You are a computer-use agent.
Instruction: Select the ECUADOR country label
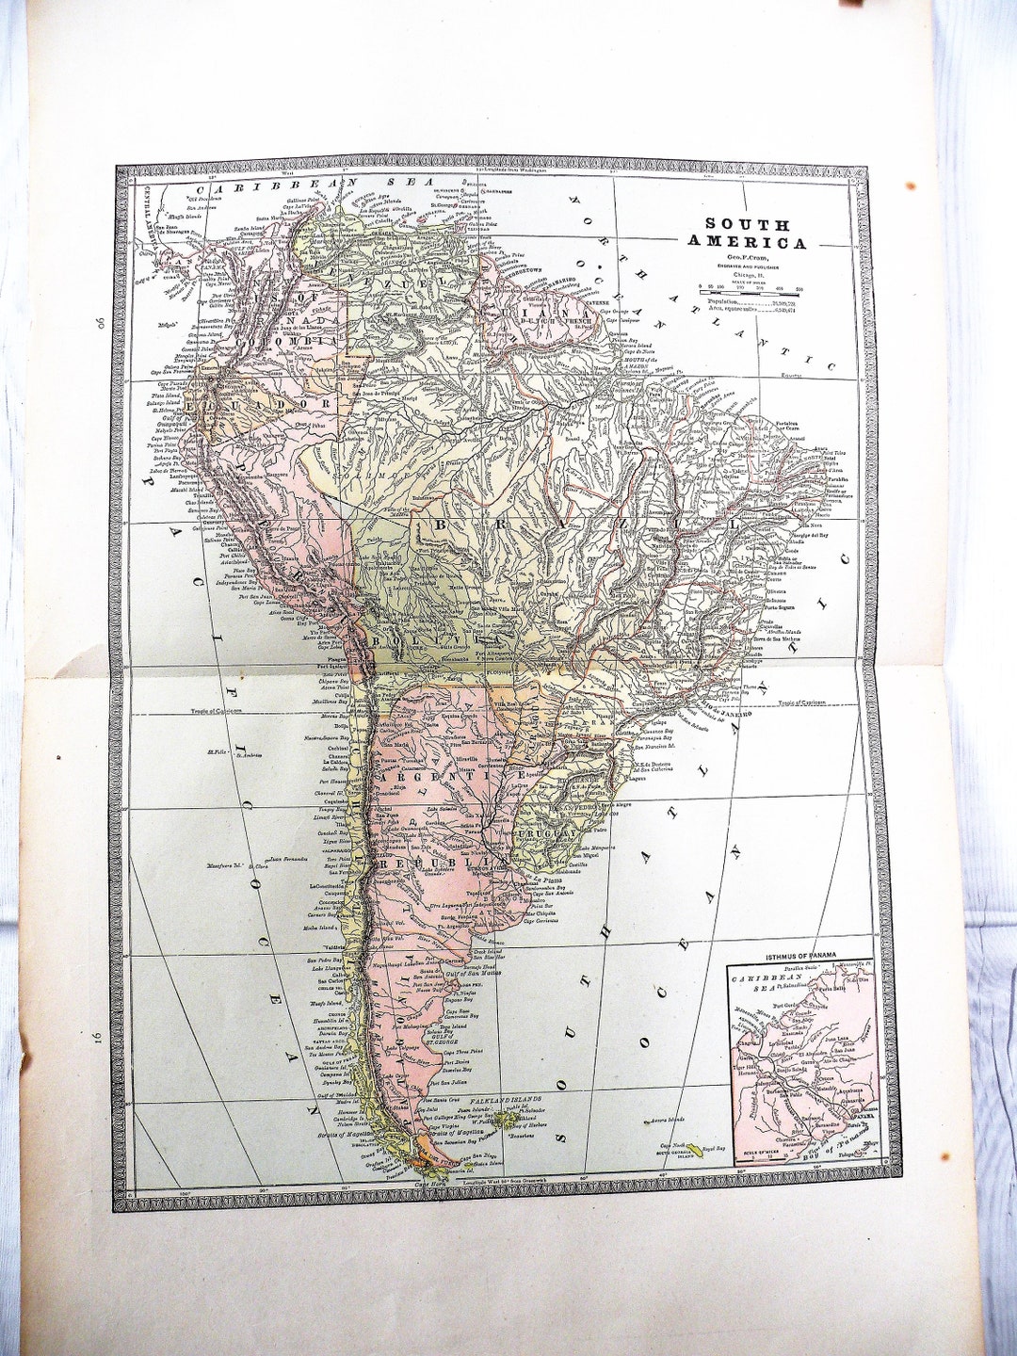click(268, 403)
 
